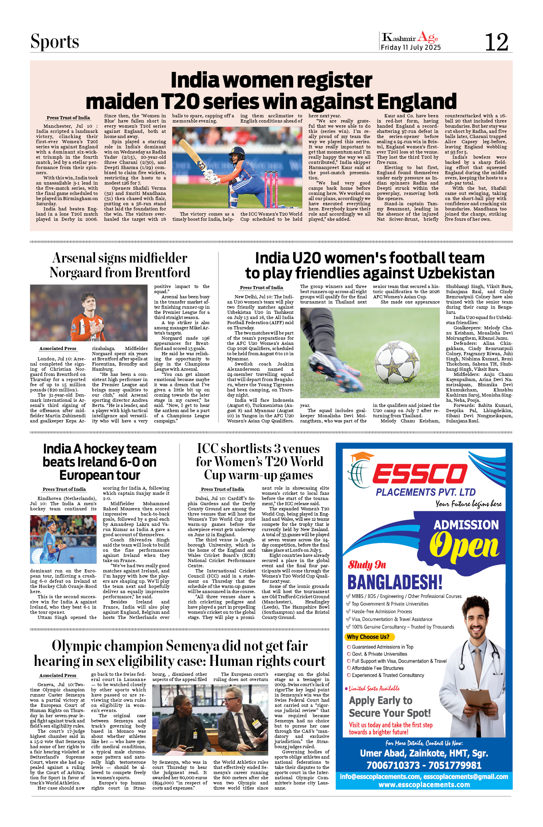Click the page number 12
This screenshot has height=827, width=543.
(496, 42)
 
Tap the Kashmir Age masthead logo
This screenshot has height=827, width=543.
(410, 38)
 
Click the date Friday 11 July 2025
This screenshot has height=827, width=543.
(411, 47)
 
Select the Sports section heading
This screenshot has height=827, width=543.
(55, 42)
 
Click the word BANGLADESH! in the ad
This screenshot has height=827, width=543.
(395, 582)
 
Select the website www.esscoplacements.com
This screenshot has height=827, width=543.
(424, 784)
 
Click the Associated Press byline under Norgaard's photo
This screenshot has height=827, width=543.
(58, 348)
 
